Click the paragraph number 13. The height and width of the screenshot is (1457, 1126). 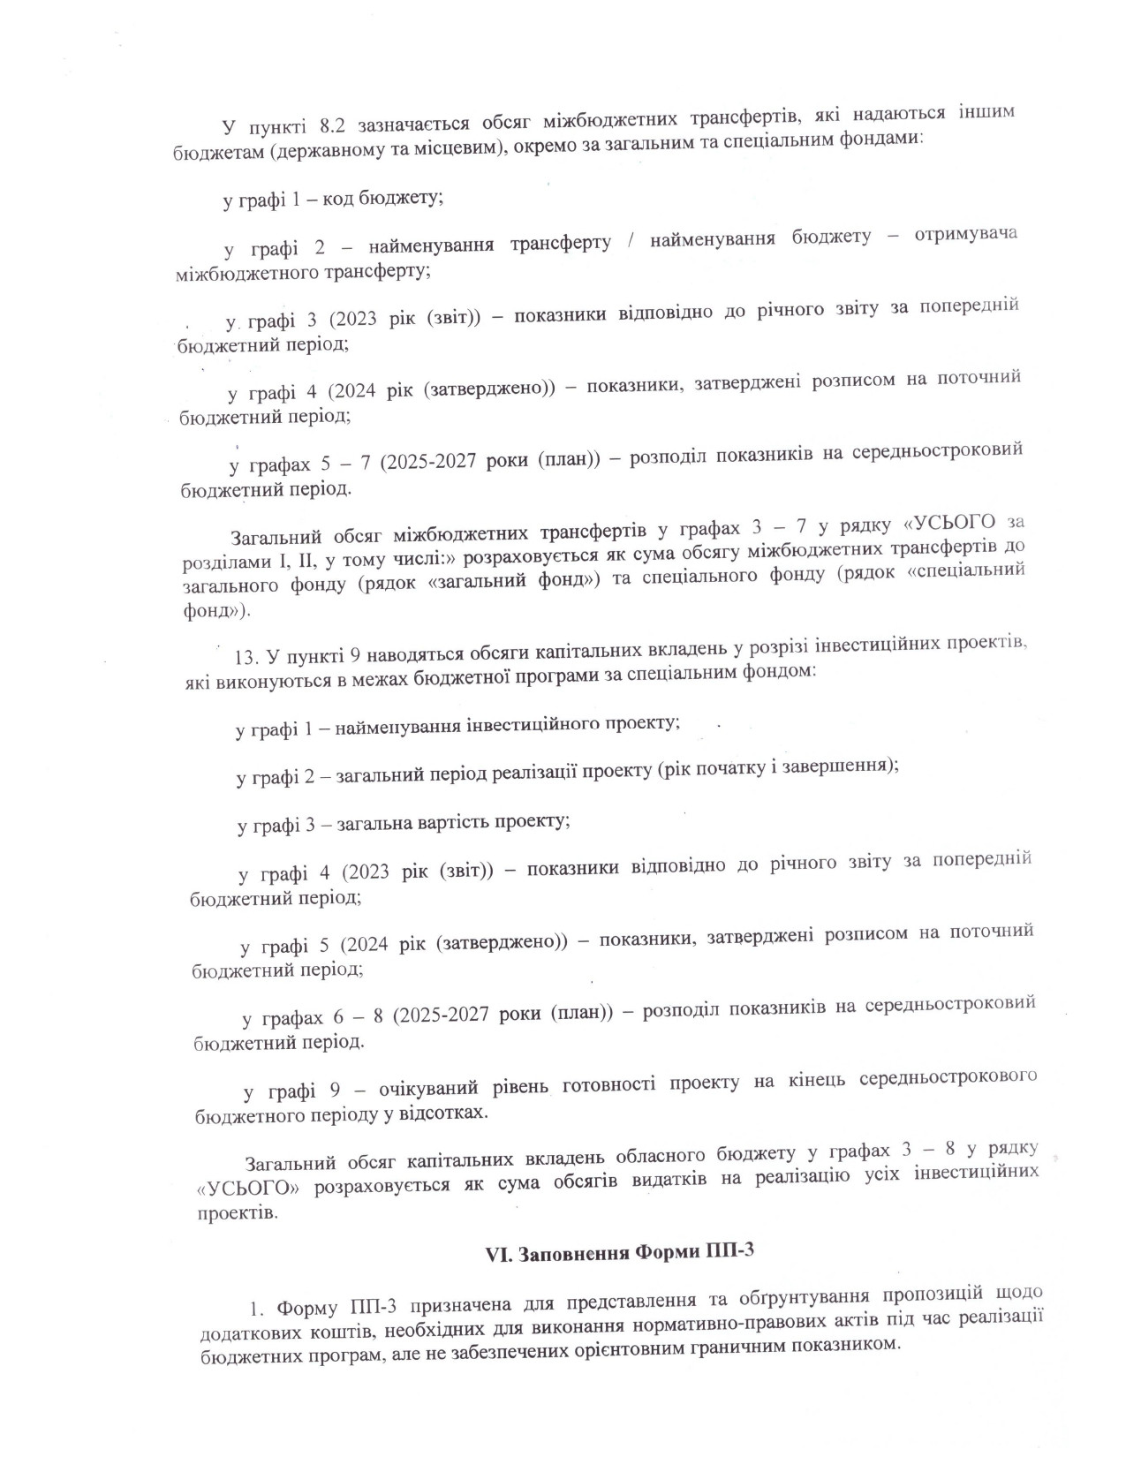247,657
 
